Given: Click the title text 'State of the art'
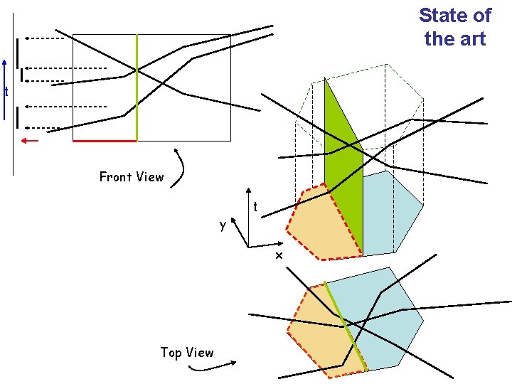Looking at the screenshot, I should (454, 27).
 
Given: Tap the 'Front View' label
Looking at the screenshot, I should (132, 176).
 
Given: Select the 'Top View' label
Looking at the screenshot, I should (186, 352).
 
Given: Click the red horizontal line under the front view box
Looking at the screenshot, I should (105, 141).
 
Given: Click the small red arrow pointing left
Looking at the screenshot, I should (29, 140).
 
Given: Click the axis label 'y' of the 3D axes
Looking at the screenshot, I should (223, 225).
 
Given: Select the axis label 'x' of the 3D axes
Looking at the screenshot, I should (279, 255).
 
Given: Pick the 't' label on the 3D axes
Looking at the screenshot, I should (255, 207).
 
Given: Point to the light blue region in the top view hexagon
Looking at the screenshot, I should (388, 320).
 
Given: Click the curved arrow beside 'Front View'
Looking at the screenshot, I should (182, 168).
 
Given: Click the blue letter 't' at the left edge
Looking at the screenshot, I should (6, 92).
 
